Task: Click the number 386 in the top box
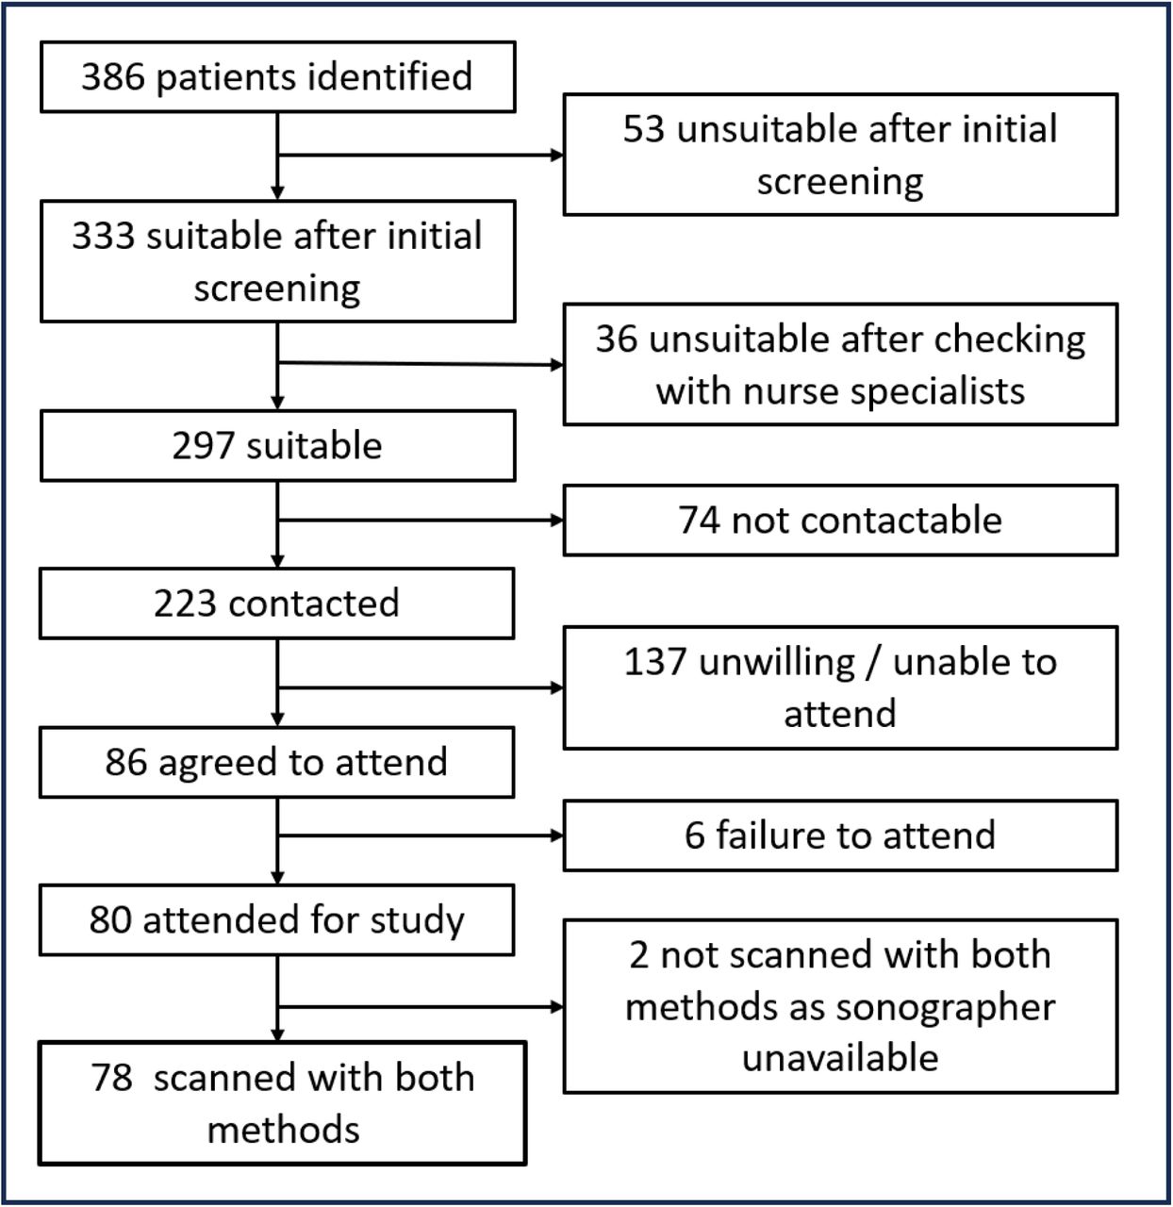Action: coord(113,77)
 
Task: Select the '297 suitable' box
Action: coord(277,445)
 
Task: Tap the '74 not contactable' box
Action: coord(840,520)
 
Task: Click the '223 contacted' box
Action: coord(276,603)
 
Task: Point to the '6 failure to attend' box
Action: coord(840,835)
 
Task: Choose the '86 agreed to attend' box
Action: coord(276,762)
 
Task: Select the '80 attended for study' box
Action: coord(276,919)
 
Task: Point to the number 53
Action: coord(643,129)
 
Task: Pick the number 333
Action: coord(103,236)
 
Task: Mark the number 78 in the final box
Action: coord(111,1078)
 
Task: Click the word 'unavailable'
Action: coord(840,1057)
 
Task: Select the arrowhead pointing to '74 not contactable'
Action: coord(557,520)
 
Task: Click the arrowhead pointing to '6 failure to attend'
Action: coord(557,835)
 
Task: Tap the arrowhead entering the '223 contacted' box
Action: coord(277,561)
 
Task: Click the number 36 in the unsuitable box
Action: coord(617,339)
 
